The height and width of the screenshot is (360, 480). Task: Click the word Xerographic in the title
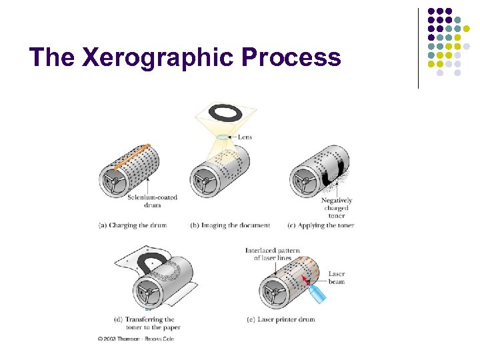click(159, 58)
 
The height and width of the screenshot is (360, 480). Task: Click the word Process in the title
click(291, 57)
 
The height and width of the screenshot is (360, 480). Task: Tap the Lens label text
click(245, 137)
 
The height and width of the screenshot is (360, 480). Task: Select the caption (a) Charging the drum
click(133, 225)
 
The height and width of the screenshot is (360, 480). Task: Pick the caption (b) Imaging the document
click(230, 225)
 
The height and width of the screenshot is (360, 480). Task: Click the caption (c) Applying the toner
click(321, 225)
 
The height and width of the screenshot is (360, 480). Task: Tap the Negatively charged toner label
click(336, 207)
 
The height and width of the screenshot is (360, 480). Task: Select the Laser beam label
click(337, 277)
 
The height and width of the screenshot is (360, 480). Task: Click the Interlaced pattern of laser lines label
click(273, 254)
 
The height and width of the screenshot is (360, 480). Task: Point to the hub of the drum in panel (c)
click(306, 181)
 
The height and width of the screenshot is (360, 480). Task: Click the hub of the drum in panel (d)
click(148, 292)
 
